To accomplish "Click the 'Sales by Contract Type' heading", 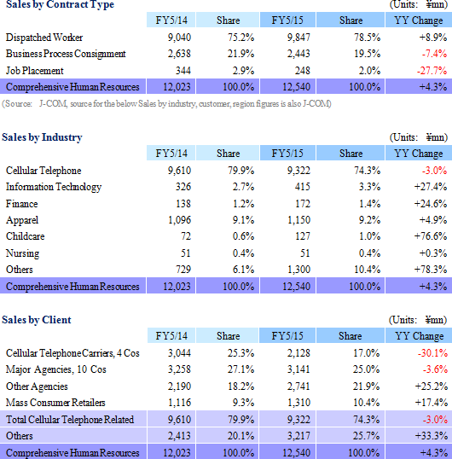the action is click(60, 4).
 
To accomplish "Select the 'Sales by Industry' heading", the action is click(42, 137).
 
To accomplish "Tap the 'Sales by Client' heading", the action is click(37, 320).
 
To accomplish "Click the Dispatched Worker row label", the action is click(44, 38).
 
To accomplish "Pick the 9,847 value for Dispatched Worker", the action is click(298, 38).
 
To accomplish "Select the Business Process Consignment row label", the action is click(66, 54).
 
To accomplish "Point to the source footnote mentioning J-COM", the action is click(166, 104).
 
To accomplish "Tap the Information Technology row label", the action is click(54, 187).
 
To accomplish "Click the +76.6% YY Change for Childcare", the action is click(431, 236).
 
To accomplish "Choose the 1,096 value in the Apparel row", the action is click(179, 220).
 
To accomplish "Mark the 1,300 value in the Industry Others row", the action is click(298, 270).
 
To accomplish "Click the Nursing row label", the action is click(22, 253).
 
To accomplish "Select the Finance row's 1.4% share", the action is click(369, 204).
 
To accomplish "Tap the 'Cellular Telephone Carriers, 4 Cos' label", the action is click(72, 353).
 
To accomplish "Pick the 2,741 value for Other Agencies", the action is click(298, 386).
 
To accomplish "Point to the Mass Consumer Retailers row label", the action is click(55, 403).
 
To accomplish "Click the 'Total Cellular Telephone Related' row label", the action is click(70, 420).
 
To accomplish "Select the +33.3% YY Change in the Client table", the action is click(432, 436).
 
